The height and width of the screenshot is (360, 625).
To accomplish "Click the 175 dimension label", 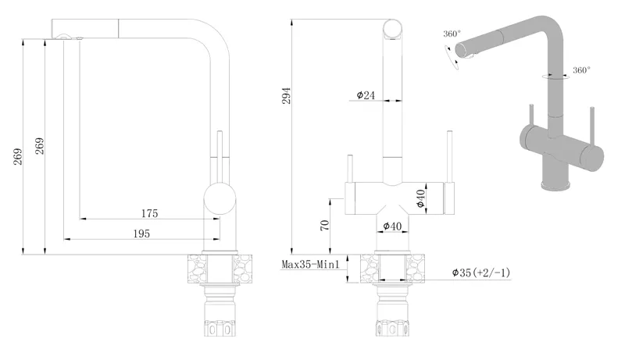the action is [149, 213].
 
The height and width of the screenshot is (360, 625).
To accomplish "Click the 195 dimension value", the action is [141, 233].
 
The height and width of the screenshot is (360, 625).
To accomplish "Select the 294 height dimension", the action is [286, 96].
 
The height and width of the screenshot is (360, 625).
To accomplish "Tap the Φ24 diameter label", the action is [366, 95].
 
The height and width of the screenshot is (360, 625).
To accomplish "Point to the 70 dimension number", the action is [325, 225].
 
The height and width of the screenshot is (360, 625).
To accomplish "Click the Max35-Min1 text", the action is [310, 265].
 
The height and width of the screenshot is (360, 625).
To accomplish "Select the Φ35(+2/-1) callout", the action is [480, 273].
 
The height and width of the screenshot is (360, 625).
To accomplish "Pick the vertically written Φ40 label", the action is [420, 198].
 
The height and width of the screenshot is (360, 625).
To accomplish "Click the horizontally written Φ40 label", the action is [392, 226].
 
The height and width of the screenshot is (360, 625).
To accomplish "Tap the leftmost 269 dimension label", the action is [18, 156].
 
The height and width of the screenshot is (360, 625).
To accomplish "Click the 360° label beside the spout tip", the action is [452, 34].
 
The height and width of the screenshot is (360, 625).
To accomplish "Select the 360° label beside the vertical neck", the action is [581, 70].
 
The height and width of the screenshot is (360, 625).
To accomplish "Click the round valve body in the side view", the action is [220, 198].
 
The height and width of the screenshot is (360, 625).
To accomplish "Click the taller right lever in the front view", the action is [450, 156].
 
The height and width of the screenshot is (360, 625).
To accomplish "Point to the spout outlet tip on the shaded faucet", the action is [459, 51].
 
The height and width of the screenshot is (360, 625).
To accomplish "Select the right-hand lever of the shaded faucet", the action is [592, 127].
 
